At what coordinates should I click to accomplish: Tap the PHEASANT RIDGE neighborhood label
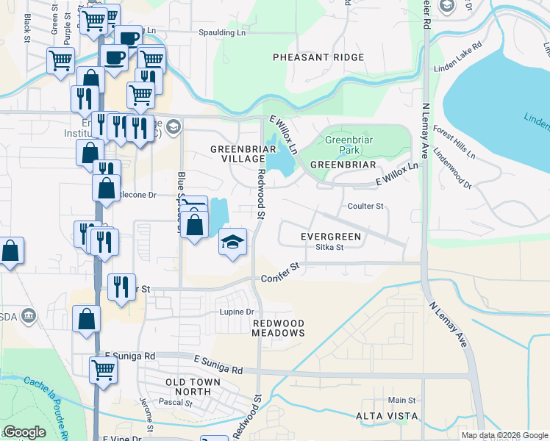click(318, 57)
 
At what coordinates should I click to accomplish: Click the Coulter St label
click(366, 207)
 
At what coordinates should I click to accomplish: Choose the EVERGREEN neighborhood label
click(331, 237)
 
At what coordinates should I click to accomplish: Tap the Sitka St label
click(329, 248)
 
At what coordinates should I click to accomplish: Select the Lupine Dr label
click(236, 312)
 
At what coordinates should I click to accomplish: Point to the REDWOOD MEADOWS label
click(279, 328)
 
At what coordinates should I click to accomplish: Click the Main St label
click(401, 401)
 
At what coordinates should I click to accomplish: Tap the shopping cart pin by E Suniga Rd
click(103, 371)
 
